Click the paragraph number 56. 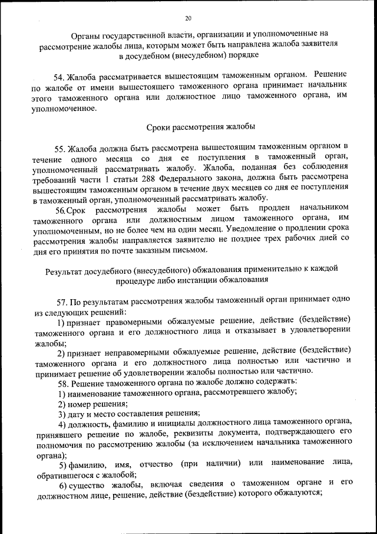[x=61, y=209]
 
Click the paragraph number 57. [x=64, y=300]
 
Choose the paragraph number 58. [x=64, y=382]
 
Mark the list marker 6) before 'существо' [x=64, y=483]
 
